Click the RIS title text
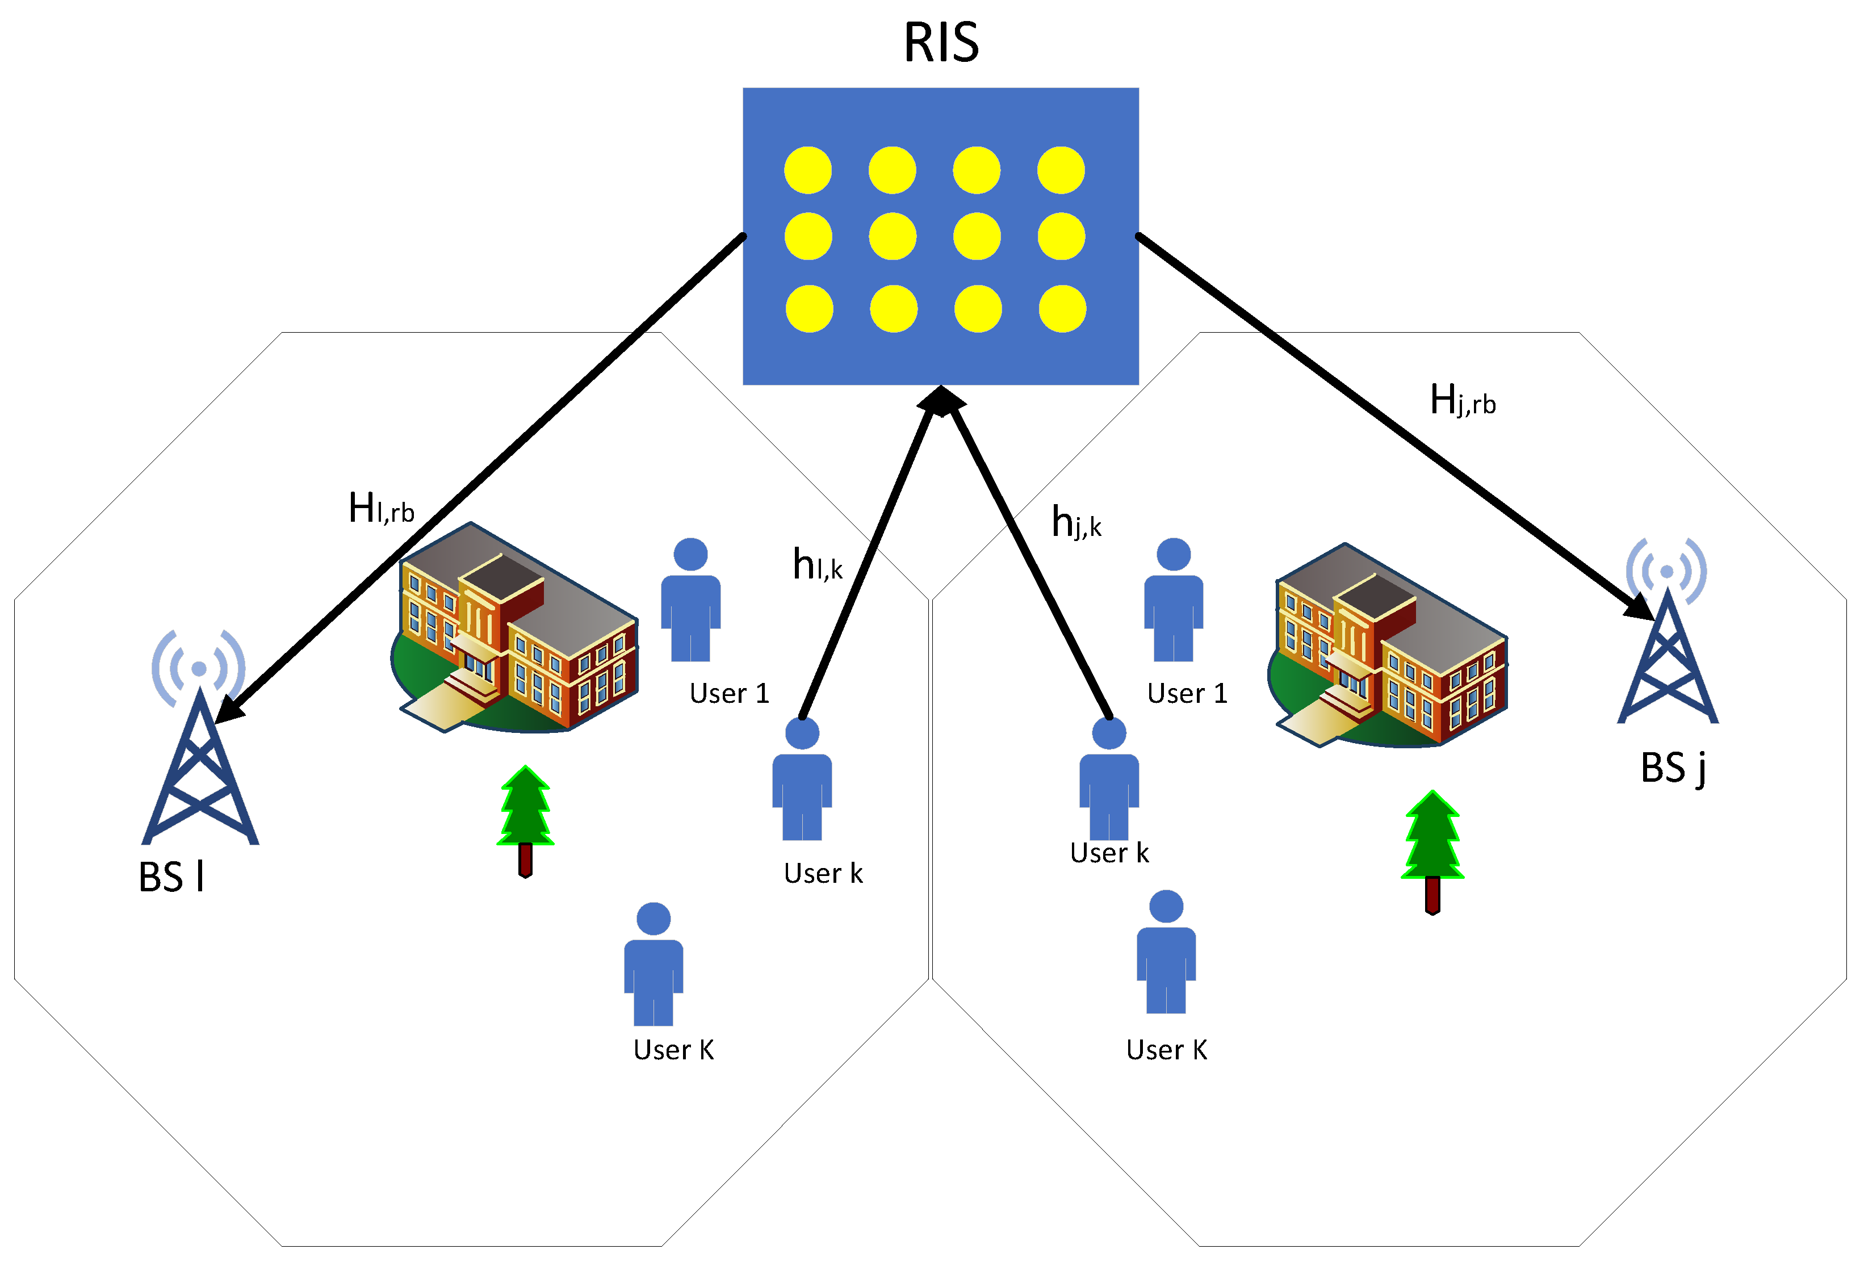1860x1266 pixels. [x=941, y=43]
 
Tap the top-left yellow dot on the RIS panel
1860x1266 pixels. [x=807, y=170]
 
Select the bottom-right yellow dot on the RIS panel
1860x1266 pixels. [x=1062, y=309]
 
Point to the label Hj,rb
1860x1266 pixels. [x=1462, y=400]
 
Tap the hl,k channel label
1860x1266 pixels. [x=817, y=565]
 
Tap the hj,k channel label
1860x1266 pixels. [x=1076, y=522]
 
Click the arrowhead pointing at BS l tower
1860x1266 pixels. [x=231, y=709]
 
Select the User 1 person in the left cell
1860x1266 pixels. [x=691, y=600]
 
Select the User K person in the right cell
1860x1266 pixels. [x=1166, y=952]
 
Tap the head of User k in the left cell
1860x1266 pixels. [x=802, y=733]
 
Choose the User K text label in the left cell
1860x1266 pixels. [x=673, y=1050]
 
